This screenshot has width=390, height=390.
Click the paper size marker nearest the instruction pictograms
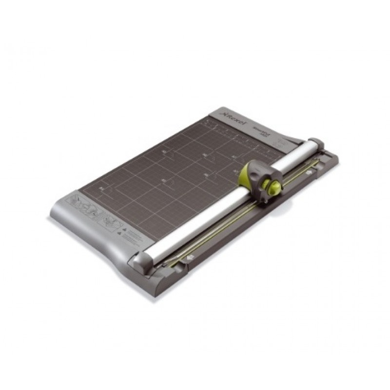tap(101, 187)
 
